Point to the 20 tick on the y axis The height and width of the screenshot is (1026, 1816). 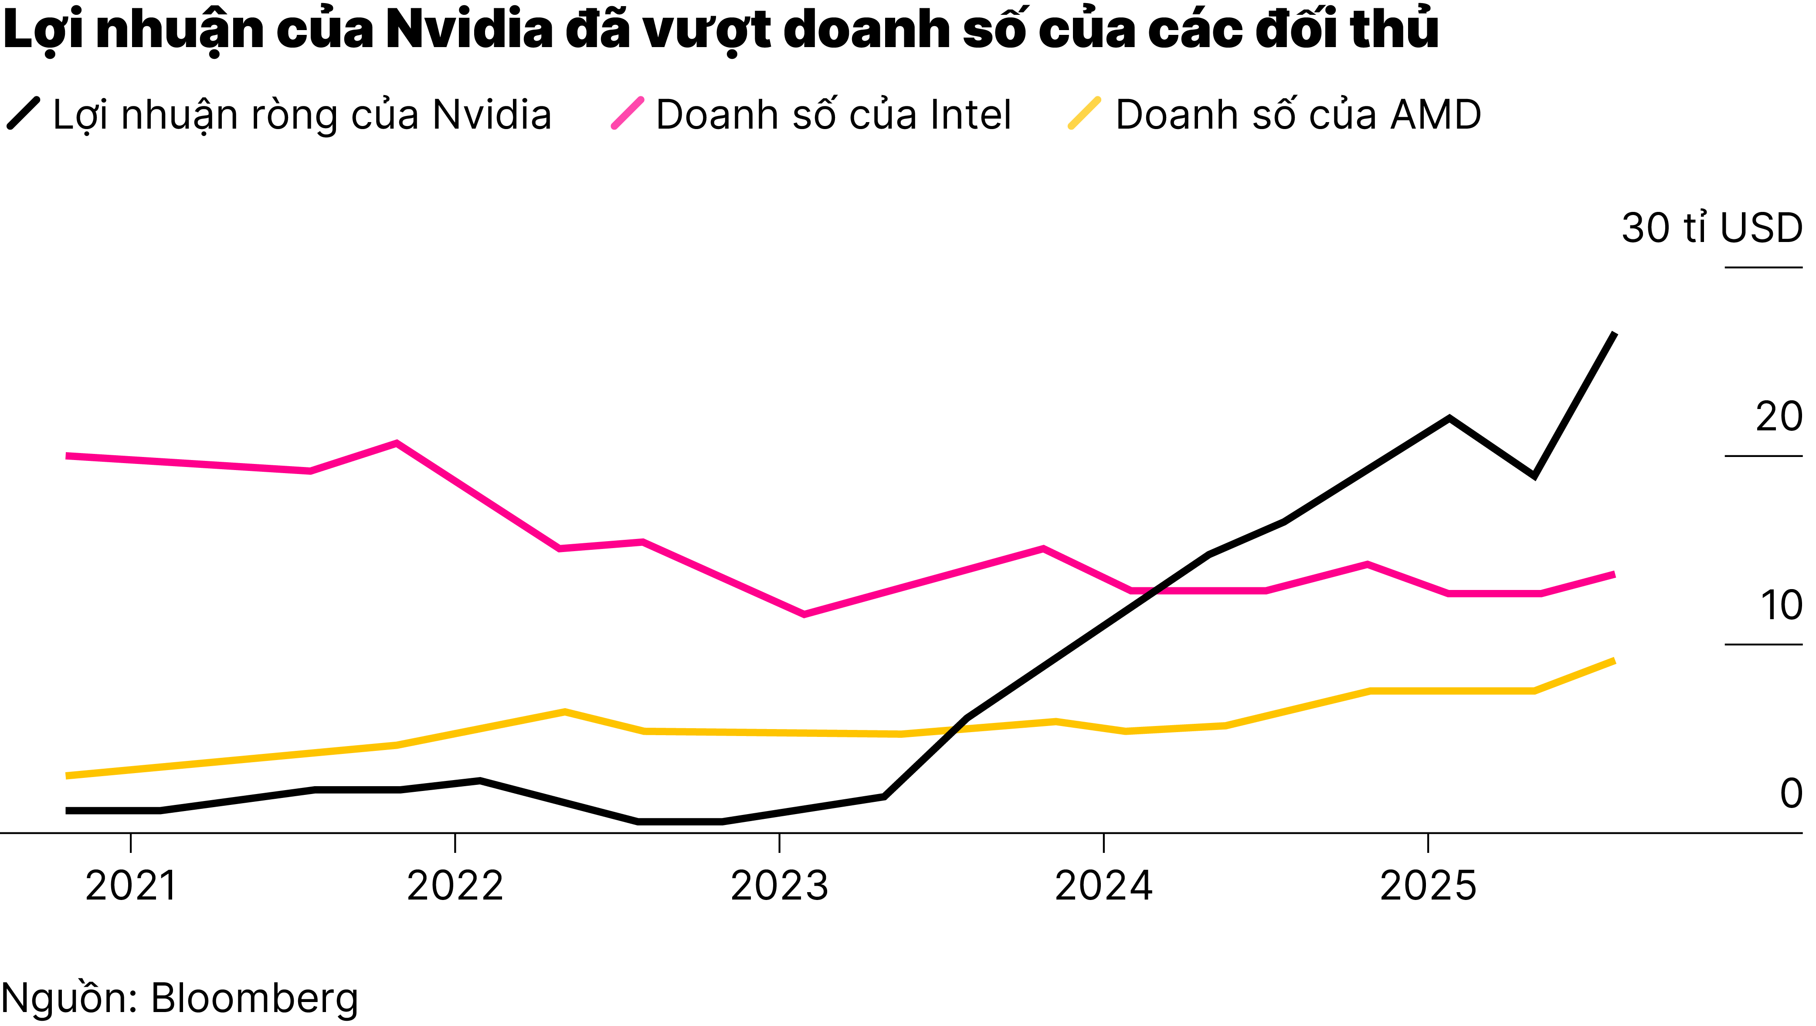pyautogui.click(x=1778, y=417)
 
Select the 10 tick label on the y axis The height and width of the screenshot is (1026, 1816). pyautogui.click(x=1780, y=606)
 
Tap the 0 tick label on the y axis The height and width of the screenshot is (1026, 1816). pyautogui.click(x=1791, y=794)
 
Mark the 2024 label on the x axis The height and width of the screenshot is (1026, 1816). pyautogui.click(x=1103, y=886)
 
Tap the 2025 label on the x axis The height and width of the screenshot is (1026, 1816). pyautogui.click(x=1428, y=886)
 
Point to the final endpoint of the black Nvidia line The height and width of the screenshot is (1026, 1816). pyautogui.click(x=1614, y=334)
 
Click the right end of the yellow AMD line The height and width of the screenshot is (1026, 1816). pyautogui.click(x=1614, y=661)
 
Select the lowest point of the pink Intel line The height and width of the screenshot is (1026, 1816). pyautogui.click(x=804, y=614)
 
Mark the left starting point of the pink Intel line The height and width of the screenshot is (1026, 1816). pyautogui.click(x=68, y=456)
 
